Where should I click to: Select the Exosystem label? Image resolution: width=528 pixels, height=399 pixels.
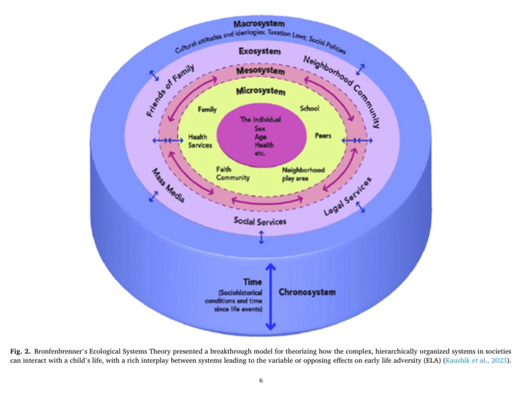(x=260, y=52)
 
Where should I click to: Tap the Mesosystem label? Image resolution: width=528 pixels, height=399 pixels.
(x=260, y=71)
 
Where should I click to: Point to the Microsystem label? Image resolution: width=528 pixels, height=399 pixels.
(x=260, y=92)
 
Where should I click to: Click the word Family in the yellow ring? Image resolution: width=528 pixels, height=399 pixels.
(x=207, y=109)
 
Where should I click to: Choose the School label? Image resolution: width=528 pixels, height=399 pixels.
(x=310, y=108)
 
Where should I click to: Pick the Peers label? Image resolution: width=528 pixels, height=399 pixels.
(x=323, y=136)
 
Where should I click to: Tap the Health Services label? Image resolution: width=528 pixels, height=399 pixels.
(x=200, y=141)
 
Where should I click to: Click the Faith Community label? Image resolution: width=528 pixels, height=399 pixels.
(x=233, y=174)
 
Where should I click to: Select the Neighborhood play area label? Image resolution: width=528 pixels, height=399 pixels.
(x=303, y=174)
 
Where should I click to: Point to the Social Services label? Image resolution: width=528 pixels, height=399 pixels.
(x=260, y=221)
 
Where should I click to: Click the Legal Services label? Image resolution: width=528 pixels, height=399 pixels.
(x=348, y=196)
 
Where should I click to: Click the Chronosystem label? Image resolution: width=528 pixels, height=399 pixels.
(x=307, y=292)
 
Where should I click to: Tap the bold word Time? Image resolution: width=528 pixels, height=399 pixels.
(x=252, y=283)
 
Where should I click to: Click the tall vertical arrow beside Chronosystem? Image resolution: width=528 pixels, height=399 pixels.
(x=271, y=296)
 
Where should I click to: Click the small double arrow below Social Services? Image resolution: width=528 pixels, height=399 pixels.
(x=261, y=237)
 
